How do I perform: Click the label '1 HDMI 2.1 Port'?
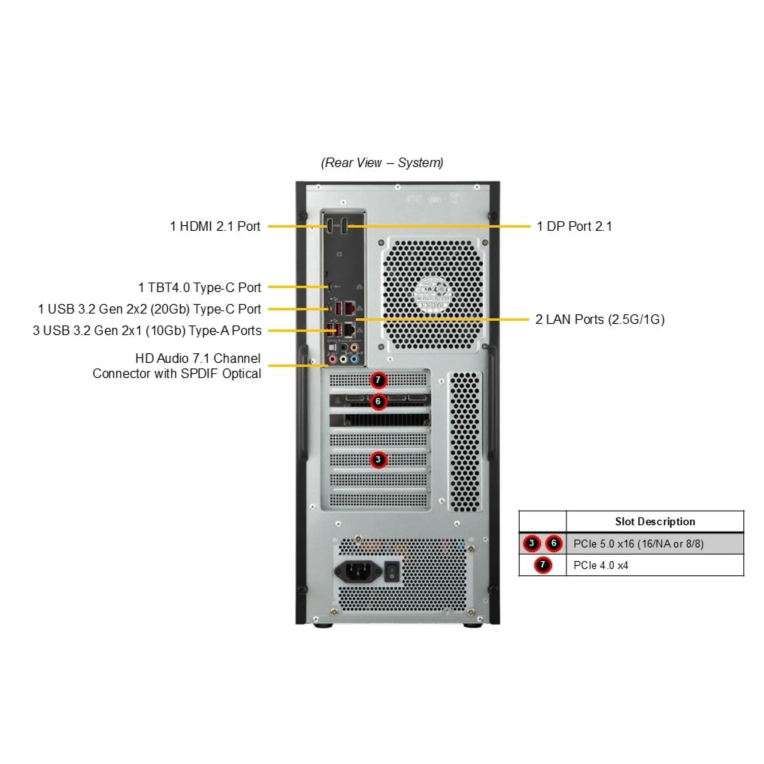[x=215, y=226]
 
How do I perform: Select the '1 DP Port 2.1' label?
[x=574, y=226]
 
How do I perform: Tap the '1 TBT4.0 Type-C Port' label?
[x=199, y=287]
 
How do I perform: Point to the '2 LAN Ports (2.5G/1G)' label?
[x=600, y=319]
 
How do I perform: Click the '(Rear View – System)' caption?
[x=382, y=162]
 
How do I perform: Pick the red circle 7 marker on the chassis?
[x=378, y=380]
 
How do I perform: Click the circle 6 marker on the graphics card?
[x=378, y=401]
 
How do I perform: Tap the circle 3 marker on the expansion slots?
[x=378, y=460]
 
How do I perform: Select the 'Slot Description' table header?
[x=655, y=521]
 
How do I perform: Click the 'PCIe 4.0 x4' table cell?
[x=601, y=565]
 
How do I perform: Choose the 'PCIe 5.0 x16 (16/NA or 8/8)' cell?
[x=638, y=544]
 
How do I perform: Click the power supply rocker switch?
[x=392, y=571]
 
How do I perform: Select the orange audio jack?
[x=354, y=348]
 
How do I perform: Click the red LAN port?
[x=350, y=308]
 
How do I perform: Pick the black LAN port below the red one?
[x=350, y=329]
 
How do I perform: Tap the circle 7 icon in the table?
[x=542, y=565]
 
